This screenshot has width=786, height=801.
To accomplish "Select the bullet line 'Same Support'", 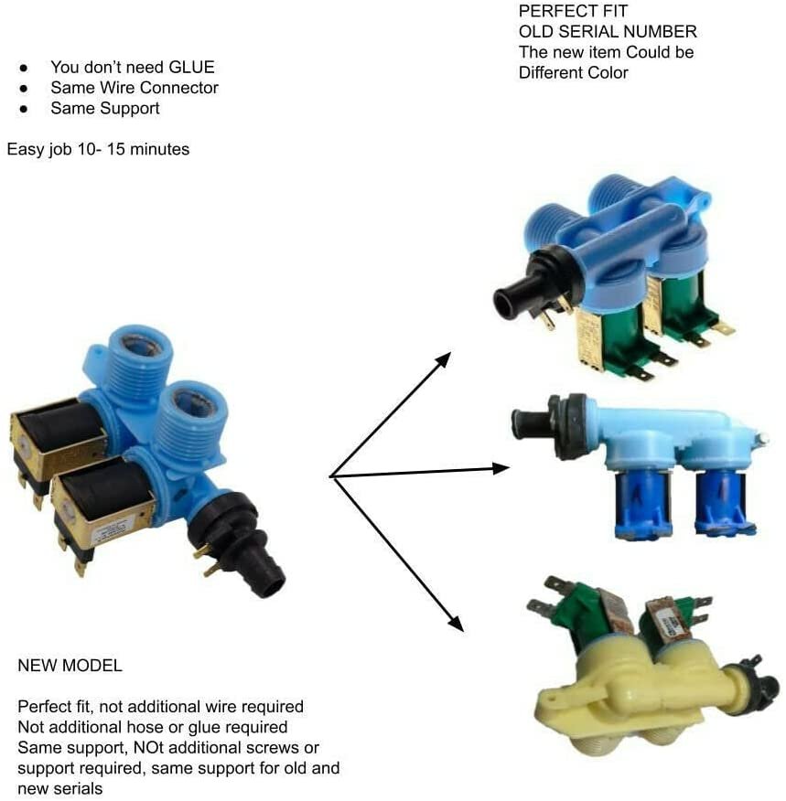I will coord(105,108).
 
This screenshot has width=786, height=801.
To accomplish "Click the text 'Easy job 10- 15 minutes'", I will coord(99,148).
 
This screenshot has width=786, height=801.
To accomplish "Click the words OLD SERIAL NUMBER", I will coord(608,32).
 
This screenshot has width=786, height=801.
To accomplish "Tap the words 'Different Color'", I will coord(574,72).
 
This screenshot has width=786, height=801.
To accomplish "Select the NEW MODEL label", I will coord(70,666).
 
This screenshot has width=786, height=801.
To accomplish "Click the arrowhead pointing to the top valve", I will coord(443,359).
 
